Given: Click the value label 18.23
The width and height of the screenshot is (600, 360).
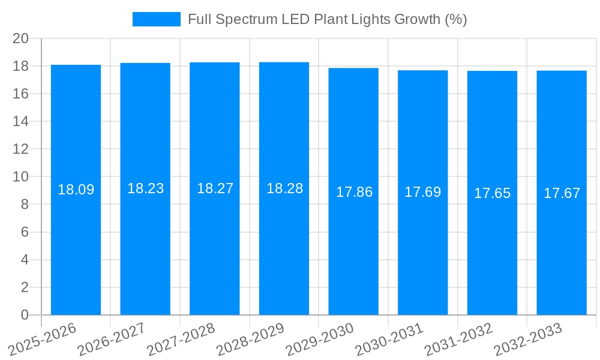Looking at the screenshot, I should tap(145, 188).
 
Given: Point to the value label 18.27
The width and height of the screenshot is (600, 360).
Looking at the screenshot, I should tap(215, 188).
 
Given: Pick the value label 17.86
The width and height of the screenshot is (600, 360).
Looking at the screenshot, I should tap(354, 192).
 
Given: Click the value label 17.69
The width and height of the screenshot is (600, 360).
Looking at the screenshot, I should tap(422, 192).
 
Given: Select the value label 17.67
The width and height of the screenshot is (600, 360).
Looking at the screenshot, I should tap(562, 193).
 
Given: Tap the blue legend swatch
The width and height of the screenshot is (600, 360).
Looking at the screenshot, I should tap(156, 19).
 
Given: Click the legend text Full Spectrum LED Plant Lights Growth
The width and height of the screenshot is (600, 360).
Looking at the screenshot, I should tap(327, 19).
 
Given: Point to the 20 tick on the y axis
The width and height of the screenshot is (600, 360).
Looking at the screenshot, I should tap(20, 38).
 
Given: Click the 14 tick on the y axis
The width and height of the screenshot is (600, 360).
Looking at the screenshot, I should tap(20, 121).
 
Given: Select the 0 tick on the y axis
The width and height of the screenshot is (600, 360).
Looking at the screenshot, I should tap(25, 315).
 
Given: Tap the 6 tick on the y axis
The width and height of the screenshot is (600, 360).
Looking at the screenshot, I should tap(25, 232).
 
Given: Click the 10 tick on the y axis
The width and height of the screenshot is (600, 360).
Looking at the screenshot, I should tap(20, 177).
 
